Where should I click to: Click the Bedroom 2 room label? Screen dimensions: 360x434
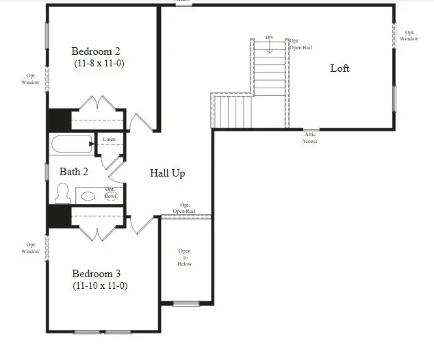click(x=97, y=51)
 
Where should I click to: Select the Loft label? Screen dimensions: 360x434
click(x=340, y=68)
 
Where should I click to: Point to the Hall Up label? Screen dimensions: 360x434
click(x=168, y=173)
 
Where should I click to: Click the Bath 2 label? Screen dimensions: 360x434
click(x=73, y=172)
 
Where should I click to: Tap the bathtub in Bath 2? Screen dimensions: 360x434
click(x=71, y=144)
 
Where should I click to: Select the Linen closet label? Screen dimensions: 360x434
click(x=110, y=140)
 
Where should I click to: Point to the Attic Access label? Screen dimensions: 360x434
click(x=309, y=138)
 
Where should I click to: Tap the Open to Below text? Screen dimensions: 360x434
click(x=185, y=257)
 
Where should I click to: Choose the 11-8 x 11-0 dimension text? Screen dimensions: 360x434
click(x=99, y=63)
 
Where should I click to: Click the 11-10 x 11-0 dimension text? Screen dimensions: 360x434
click(x=100, y=286)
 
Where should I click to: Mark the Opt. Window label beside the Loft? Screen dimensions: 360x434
click(x=409, y=35)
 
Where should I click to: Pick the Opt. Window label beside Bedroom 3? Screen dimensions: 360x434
click(x=31, y=247)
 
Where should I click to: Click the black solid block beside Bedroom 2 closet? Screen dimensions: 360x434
click(x=59, y=120)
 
